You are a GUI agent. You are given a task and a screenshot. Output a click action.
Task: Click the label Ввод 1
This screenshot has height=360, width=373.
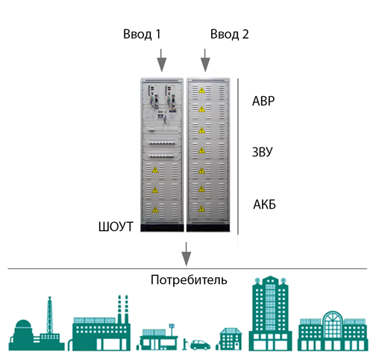pos(142,34)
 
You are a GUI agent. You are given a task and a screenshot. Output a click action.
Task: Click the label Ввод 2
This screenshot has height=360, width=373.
pos(229,34)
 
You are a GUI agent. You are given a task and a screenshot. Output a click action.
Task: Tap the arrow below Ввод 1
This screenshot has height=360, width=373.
pos(162,60)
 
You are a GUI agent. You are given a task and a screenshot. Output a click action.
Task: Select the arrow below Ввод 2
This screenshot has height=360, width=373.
pos(205,60)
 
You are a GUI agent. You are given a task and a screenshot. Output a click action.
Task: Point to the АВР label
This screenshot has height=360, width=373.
pos(263,101)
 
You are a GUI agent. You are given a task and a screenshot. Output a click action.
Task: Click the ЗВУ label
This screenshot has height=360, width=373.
pos(263,152)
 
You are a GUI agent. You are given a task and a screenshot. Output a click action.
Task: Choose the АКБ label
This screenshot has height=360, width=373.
pos(264,205)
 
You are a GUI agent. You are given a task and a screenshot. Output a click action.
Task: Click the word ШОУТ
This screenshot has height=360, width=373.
pos(116,227)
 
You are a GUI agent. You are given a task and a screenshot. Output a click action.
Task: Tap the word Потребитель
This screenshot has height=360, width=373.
pos(189,280)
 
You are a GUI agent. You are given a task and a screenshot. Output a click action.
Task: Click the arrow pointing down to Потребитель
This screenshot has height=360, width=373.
pos(186,254)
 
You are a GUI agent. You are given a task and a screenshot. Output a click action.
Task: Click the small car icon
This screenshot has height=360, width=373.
pos(200,345)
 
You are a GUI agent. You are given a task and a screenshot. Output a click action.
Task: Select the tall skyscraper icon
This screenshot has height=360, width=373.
pos(270,313)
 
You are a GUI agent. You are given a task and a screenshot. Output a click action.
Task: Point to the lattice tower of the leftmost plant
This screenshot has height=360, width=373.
pos(50,315)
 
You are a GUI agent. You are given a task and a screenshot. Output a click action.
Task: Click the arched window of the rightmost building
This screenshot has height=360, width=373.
pos(333,323)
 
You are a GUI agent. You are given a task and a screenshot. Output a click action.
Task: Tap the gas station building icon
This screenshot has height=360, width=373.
pos(157,339)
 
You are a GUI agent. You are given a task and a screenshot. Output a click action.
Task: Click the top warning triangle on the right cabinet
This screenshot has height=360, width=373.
pos(201,90)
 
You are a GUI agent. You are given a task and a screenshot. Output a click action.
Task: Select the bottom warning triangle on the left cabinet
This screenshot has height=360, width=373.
pos(155,209)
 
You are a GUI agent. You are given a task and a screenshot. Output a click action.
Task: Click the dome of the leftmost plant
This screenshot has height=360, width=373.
pos(23,324)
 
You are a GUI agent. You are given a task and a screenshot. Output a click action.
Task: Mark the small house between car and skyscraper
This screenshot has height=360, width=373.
pos(229,339)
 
